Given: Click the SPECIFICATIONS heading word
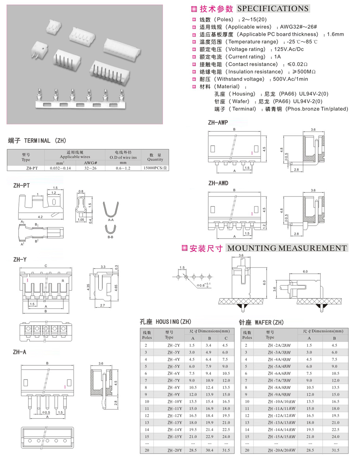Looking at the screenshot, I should (273, 9).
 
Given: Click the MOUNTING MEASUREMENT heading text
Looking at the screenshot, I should (287, 248).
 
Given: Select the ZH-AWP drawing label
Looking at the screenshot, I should (218, 123).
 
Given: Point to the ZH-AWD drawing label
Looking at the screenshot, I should (218, 183).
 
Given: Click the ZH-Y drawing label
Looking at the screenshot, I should (20, 259).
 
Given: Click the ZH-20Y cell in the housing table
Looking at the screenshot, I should (174, 450).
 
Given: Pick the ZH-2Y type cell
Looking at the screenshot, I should (174, 345).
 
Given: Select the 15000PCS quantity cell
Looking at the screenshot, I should (155, 168).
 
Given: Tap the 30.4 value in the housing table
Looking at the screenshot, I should (209, 450).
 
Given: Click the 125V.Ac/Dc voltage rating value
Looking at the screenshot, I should (289, 49).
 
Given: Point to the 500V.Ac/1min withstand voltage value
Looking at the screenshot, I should (291, 79).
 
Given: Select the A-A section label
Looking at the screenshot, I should (111, 220).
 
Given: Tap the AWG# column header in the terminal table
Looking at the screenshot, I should (90, 162).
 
